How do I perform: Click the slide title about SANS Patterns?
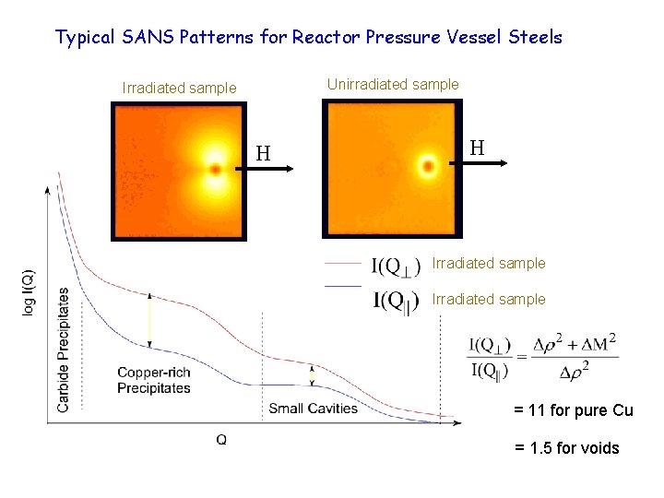pyautogui.click(x=308, y=38)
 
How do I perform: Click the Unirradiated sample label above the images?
pyautogui.click(x=393, y=85)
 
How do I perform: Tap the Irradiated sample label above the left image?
pyautogui.click(x=179, y=89)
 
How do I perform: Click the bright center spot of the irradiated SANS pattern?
pyautogui.click(x=216, y=170)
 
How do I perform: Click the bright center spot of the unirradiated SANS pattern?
pyautogui.click(x=427, y=167)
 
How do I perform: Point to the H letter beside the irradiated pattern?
pyautogui.click(x=263, y=153)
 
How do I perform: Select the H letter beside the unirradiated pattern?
pyautogui.click(x=477, y=148)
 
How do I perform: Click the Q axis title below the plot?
pyautogui.click(x=221, y=440)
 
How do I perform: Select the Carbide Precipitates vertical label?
pyautogui.click(x=64, y=350)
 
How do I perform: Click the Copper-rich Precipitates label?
pyautogui.click(x=154, y=380)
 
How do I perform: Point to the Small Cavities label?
pyautogui.click(x=313, y=409)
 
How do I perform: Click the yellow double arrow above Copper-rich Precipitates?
pyautogui.click(x=151, y=323)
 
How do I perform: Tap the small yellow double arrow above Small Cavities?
pyautogui.click(x=312, y=374)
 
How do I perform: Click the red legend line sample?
pyautogui.click(x=342, y=263)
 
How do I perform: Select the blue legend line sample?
pyautogui.click(x=342, y=286)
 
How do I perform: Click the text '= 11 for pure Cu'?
pyautogui.click(x=574, y=410)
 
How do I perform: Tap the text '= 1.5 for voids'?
pyautogui.click(x=567, y=448)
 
